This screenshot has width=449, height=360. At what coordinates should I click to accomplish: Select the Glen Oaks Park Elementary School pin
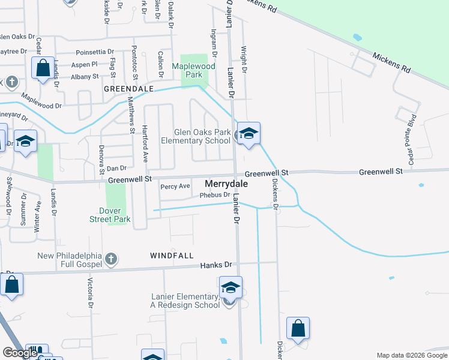(248, 133)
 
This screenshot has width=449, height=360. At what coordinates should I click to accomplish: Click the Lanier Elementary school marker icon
(231, 287)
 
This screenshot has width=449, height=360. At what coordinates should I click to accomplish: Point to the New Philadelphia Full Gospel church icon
(110, 259)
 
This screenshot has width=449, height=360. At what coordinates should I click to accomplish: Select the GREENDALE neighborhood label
(129, 88)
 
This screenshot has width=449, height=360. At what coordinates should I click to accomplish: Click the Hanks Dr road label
(215, 265)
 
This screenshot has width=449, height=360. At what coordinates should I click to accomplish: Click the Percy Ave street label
(175, 187)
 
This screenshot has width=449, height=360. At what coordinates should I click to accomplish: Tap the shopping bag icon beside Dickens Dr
(298, 328)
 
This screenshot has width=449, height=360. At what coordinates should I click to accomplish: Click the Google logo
(19, 353)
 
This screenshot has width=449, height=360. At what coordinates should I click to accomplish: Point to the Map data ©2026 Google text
(412, 355)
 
